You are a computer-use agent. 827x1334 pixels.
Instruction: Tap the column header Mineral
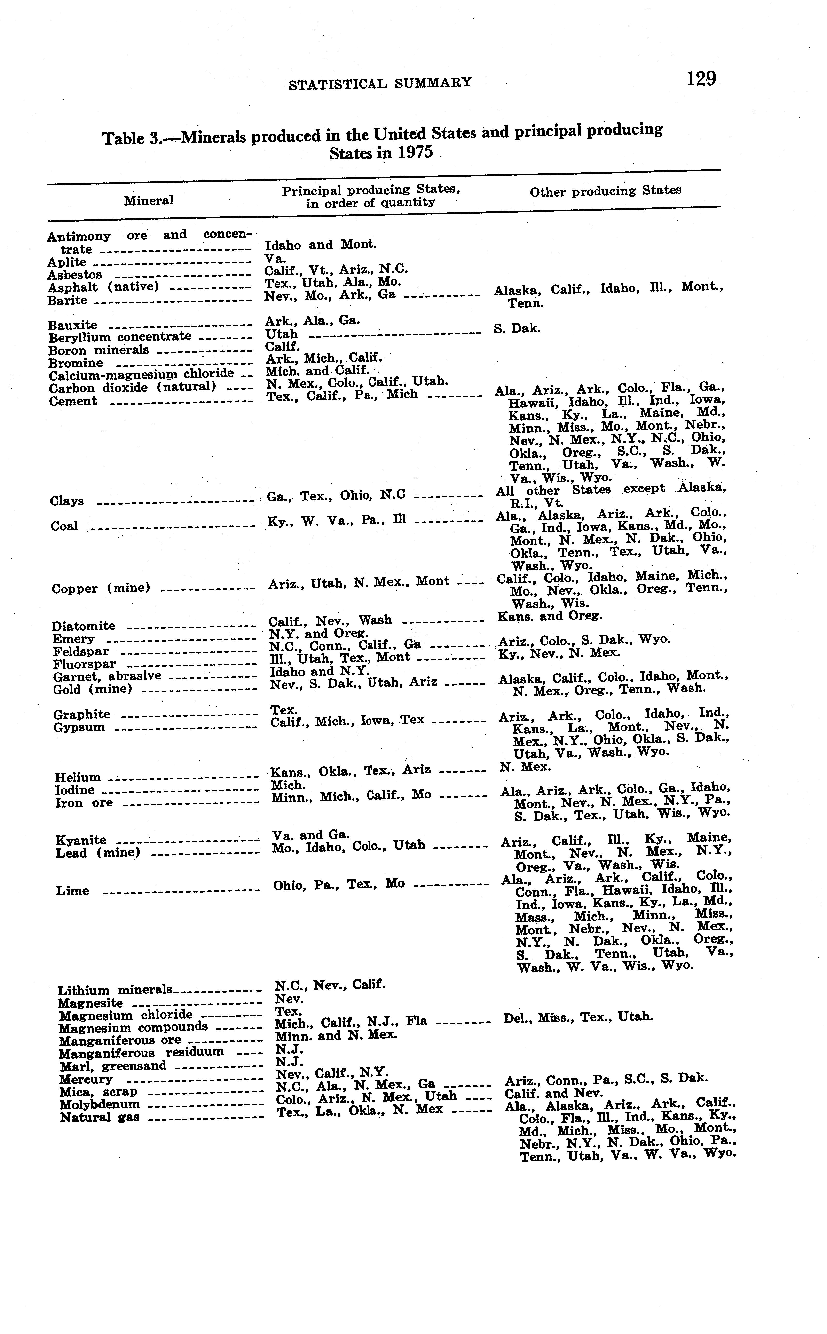148,200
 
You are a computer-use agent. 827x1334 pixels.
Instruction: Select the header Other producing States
606,191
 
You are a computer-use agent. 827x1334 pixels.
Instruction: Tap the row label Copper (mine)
101,588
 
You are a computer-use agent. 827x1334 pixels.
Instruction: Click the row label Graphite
81,714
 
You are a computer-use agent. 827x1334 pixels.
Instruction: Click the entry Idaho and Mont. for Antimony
321,245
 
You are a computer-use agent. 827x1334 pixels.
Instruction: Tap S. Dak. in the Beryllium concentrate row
517,328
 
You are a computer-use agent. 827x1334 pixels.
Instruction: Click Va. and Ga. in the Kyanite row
311,835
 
